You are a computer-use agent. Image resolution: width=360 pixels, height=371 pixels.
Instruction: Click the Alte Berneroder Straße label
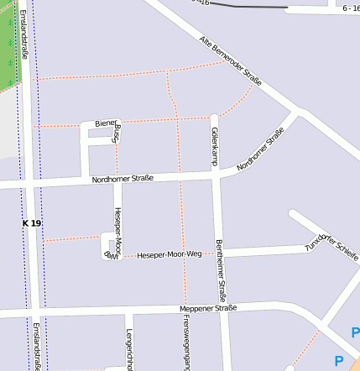click(x=231, y=60)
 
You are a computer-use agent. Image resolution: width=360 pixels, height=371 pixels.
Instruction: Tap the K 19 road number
click(x=32, y=223)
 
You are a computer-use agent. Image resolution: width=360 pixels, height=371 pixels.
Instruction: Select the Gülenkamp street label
click(x=215, y=146)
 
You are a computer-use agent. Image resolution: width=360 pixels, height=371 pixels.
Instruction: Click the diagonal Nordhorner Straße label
click(x=260, y=149)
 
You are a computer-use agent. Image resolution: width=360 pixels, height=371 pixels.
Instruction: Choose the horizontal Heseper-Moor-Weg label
click(x=170, y=253)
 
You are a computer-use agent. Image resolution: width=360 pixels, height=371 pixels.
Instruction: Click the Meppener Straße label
click(x=209, y=308)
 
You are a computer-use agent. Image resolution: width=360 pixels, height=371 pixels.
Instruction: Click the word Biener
click(x=104, y=123)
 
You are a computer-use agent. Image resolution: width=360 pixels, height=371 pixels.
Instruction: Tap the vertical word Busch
click(x=117, y=133)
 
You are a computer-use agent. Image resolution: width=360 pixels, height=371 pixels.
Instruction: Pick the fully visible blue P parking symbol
click(x=339, y=361)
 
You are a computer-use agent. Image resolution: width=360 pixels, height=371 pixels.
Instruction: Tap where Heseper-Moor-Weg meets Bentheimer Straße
click(x=221, y=252)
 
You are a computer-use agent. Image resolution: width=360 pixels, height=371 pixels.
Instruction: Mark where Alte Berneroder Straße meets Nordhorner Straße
click(x=298, y=112)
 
